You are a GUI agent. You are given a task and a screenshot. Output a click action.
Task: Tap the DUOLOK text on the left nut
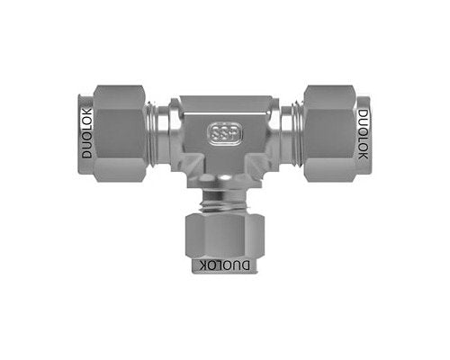(86, 133)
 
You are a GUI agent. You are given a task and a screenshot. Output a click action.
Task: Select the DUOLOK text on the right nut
(364, 133)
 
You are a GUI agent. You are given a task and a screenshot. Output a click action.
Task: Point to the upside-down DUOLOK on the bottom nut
(224, 265)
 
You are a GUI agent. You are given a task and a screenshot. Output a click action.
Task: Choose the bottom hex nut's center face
(224, 236)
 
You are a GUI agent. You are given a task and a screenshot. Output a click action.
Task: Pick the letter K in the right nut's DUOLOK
(364, 155)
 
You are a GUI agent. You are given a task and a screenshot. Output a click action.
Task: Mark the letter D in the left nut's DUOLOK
(86, 155)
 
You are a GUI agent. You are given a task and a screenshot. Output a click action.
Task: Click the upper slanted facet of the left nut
(117, 94)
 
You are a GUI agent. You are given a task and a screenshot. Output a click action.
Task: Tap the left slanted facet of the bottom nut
(191, 236)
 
